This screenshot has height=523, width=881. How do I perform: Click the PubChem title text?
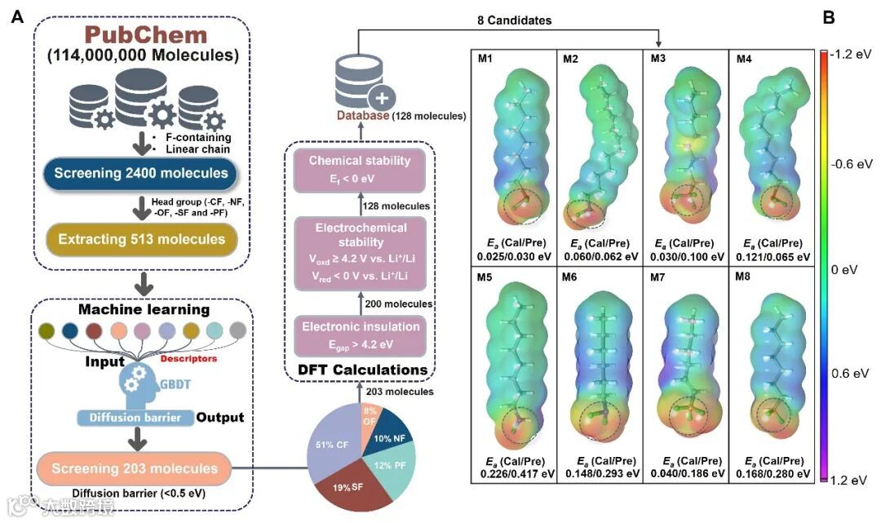(143, 36)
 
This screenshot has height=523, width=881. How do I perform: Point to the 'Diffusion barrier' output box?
(135, 418)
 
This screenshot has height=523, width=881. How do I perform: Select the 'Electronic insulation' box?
(359, 332)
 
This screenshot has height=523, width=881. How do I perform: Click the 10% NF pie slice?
(391, 432)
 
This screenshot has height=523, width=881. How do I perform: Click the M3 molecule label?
(658, 58)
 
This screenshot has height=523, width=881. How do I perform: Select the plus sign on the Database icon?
(380, 99)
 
